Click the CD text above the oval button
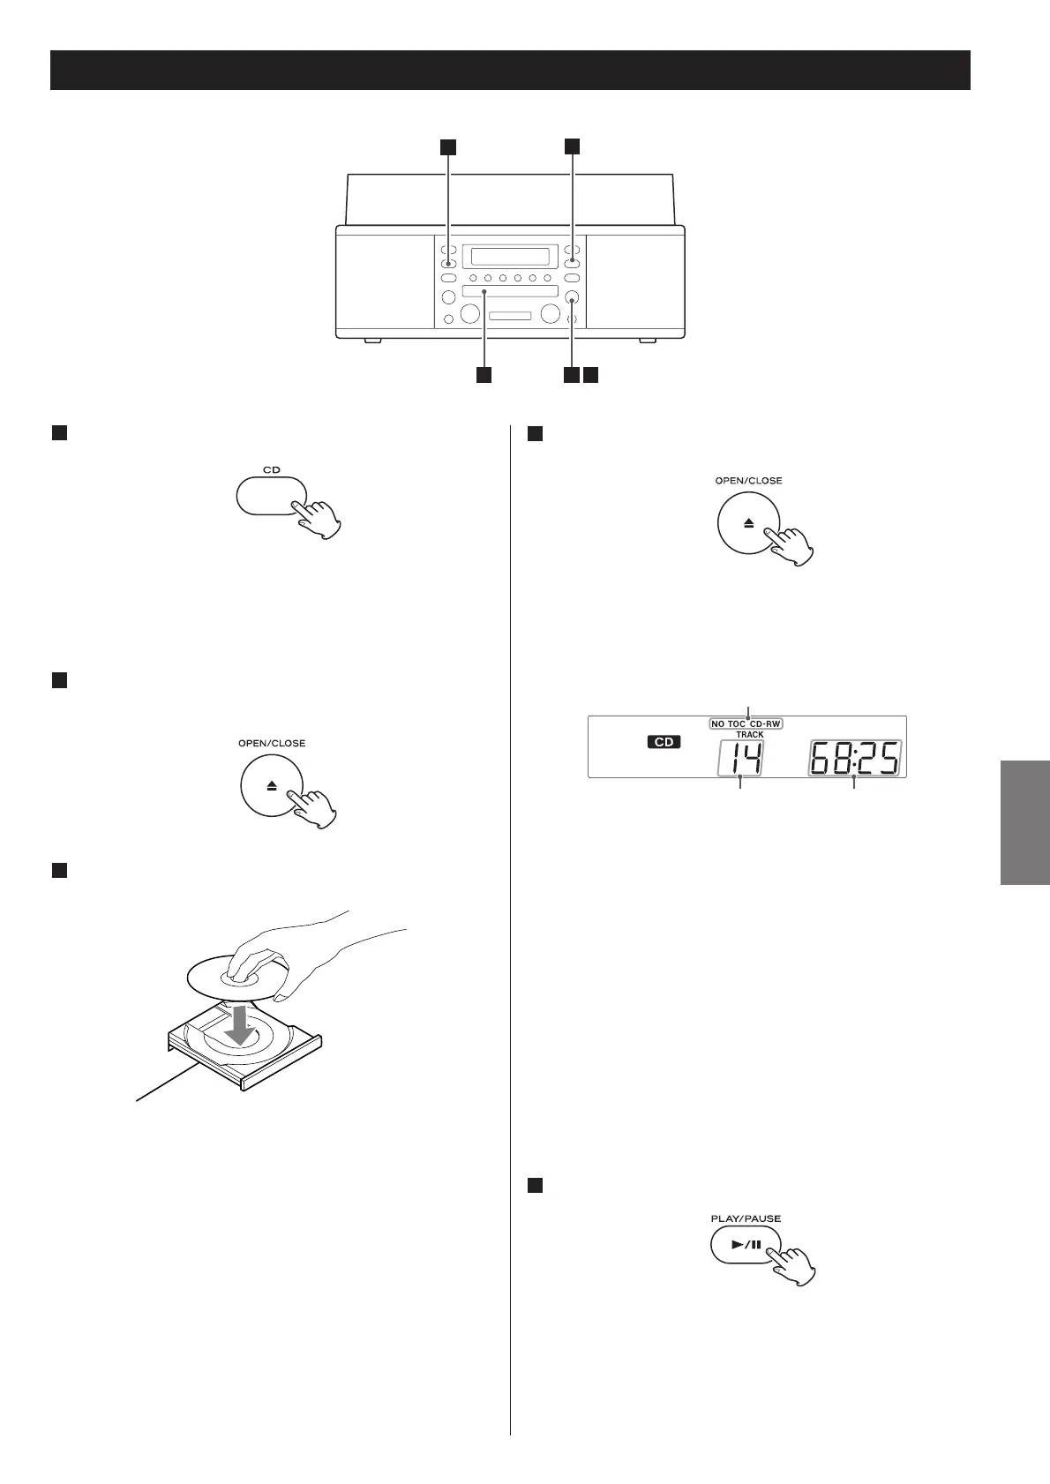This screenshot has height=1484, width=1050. point(271,469)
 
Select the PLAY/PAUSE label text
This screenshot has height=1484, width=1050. point(746,1218)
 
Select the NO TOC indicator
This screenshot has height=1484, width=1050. point(729,723)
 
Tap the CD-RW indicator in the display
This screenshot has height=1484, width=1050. point(766,723)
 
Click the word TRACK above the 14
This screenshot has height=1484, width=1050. point(750,734)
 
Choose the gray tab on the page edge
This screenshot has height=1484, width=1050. point(1025,821)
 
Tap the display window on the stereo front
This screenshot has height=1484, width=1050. point(510,257)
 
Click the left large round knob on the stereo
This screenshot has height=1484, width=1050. point(470,313)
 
